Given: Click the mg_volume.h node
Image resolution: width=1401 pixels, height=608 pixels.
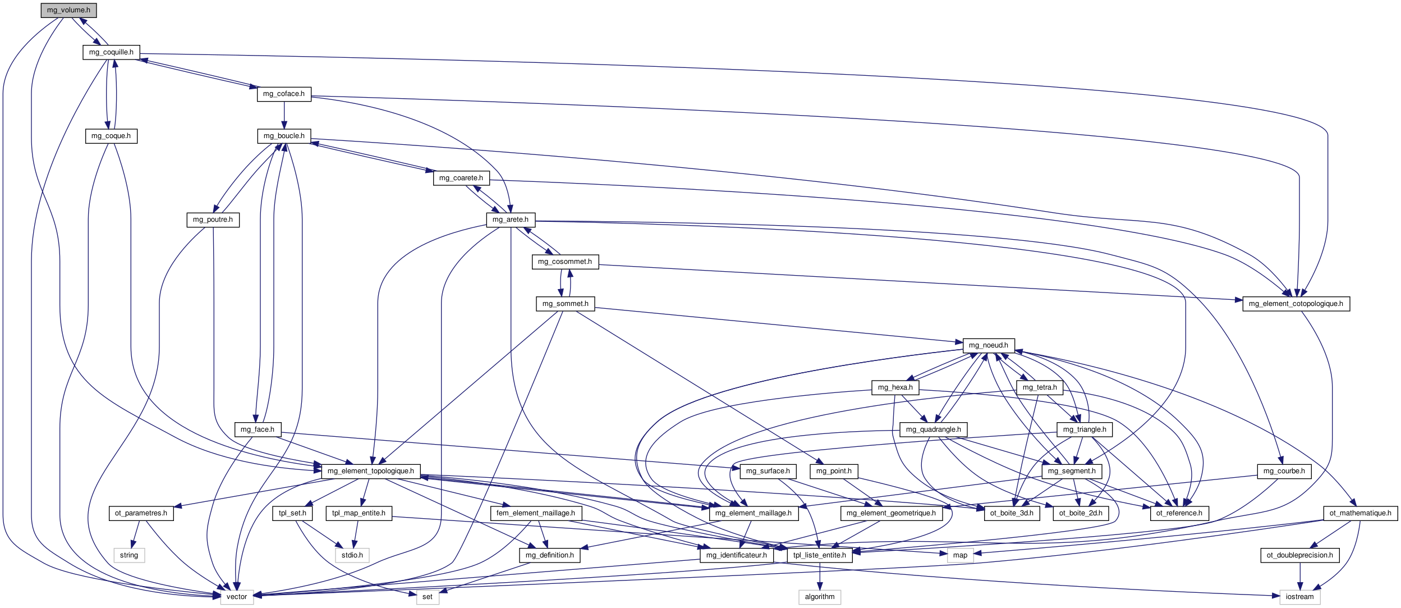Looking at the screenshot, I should [68, 10].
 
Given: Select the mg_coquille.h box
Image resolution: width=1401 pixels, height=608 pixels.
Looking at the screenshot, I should [111, 52].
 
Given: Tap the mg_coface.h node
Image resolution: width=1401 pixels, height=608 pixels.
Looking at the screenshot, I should [284, 94].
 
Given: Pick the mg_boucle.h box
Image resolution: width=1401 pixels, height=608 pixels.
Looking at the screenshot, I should [284, 136].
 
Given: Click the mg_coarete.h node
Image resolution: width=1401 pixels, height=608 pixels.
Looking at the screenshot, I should [461, 178].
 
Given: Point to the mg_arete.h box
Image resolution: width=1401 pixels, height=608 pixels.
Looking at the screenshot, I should [511, 220].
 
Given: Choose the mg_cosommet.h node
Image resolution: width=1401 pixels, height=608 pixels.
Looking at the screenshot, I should [564, 262].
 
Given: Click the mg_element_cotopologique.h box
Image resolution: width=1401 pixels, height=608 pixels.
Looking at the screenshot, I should [1296, 304].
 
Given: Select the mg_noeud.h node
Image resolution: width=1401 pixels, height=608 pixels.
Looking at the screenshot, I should [988, 345].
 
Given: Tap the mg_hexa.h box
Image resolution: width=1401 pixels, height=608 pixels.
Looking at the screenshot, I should [895, 387].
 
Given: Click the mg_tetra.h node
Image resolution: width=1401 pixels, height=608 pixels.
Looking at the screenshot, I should [1039, 387].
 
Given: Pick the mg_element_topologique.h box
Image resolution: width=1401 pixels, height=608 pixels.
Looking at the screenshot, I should [370, 471].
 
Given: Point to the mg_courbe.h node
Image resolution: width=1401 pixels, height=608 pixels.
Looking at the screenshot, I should [1284, 471].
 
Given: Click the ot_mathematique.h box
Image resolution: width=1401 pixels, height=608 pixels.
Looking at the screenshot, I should [1360, 513].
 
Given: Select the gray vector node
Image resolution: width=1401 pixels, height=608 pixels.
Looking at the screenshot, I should [237, 597].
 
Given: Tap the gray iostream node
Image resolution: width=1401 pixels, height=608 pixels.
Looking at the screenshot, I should [1299, 597].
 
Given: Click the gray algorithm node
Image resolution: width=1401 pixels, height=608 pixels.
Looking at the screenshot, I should [820, 597].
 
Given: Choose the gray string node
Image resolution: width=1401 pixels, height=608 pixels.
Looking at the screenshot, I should [129, 555].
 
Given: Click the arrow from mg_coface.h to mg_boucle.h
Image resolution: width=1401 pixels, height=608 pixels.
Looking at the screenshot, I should [284, 115].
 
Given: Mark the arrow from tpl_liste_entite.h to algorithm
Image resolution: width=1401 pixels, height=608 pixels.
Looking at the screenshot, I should [820, 576].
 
